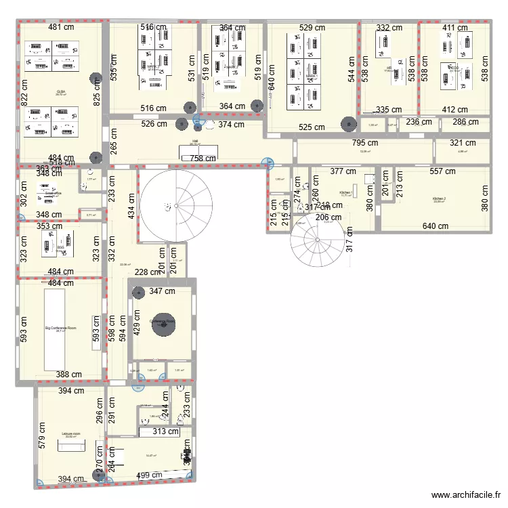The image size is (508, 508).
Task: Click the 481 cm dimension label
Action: [x=61, y=28]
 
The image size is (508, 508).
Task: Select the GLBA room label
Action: [x=61, y=91]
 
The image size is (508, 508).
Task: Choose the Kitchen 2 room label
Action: [x=440, y=199]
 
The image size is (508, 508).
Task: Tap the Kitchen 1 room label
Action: [x=345, y=192]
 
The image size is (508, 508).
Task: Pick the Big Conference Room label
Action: [x=61, y=328]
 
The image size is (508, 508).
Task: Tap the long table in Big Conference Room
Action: [x=54, y=329]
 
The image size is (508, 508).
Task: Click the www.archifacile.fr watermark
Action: [x=467, y=495]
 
